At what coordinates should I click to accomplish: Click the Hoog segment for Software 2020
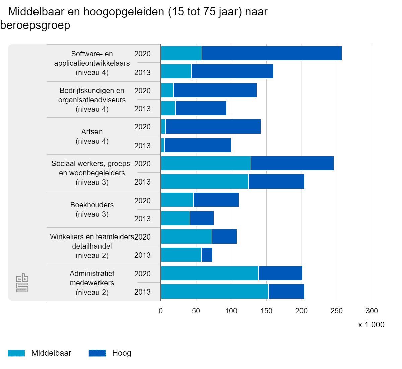[x=272, y=53]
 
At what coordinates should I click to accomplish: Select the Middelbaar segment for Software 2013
[x=176, y=71]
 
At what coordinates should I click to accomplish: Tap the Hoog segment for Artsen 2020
[x=213, y=126]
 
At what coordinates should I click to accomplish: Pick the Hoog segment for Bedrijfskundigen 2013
[x=201, y=108]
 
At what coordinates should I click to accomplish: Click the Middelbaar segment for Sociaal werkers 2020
[x=206, y=163]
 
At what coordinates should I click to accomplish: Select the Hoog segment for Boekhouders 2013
[x=202, y=218]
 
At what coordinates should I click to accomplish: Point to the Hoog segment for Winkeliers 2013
[x=207, y=255]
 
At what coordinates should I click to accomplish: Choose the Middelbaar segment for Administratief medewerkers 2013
[x=215, y=292]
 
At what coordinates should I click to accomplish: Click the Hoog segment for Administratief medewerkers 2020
[x=280, y=273]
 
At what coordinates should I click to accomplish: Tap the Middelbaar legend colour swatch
[x=16, y=353]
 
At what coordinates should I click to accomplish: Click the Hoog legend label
[x=122, y=353]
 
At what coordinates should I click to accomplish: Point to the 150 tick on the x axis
[x=266, y=311]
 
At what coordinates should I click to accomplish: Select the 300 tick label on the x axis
[x=372, y=311]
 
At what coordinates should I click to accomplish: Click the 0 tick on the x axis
[x=161, y=311]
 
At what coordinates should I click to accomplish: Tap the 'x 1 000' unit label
[x=371, y=325]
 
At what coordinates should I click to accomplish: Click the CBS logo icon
[x=22, y=283]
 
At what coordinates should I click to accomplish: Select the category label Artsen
[x=92, y=131]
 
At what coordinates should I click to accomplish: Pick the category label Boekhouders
[x=92, y=205]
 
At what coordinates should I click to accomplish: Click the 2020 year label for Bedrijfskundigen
[x=142, y=91]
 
